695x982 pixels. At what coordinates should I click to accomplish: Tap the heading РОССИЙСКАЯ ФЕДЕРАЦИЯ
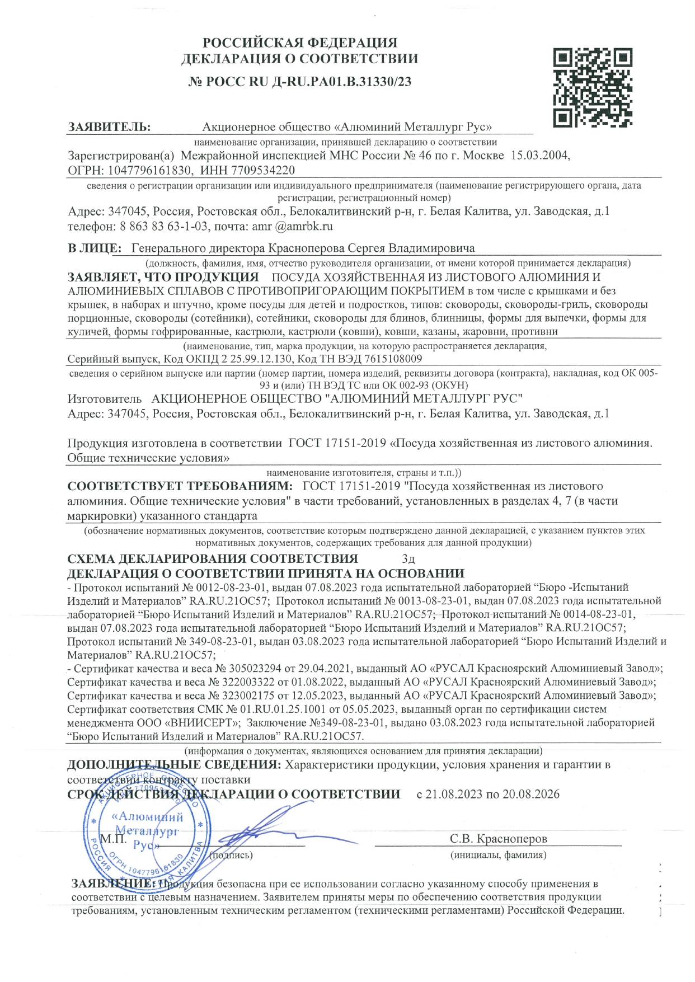[x=299, y=43]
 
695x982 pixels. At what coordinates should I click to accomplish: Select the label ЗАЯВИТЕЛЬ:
[x=109, y=127]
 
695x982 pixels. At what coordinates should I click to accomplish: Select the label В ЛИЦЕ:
[x=94, y=248]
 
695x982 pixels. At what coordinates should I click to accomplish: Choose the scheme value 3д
[x=408, y=559]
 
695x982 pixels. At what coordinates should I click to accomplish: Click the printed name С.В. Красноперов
[x=498, y=838]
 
